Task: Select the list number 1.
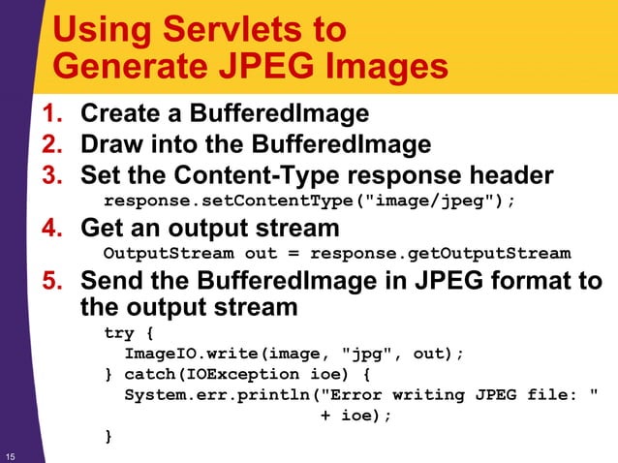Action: pos(54,114)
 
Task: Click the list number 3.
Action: pos(54,176)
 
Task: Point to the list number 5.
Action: pos(54,281)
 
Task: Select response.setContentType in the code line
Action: pos(232,201)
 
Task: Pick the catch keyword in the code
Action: pos(157,374)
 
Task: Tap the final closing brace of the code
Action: pos(108,437)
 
